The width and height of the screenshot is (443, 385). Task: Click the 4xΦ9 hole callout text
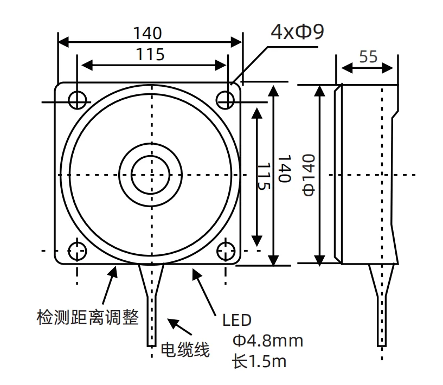tap(297, 31)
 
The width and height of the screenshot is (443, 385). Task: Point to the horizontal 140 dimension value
tap(147, 33)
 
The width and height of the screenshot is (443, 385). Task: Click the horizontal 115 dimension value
tap(150, 55)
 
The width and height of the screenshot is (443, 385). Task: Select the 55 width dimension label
tap(368, 56)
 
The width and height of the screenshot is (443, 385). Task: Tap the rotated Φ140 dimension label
tap(309, 175)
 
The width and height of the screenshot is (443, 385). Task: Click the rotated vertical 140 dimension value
tap(284, 169)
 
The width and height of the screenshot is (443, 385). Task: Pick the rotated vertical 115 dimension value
tap(264, 176)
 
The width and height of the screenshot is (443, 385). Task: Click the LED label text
tap(237, 320)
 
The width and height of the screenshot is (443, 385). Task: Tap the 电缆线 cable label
tap(185, 350)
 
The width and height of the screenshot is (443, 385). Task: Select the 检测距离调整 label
tap(88, 317)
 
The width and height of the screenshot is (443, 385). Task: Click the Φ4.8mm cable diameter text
tap(268, 341)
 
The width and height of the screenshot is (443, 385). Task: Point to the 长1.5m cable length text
tap(259, 361)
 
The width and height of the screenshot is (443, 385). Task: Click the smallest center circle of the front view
tap(151, 175)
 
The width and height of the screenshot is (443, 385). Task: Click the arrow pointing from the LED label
tap(204, 292)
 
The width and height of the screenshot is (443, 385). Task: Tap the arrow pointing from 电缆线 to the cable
tap(179, 327)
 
